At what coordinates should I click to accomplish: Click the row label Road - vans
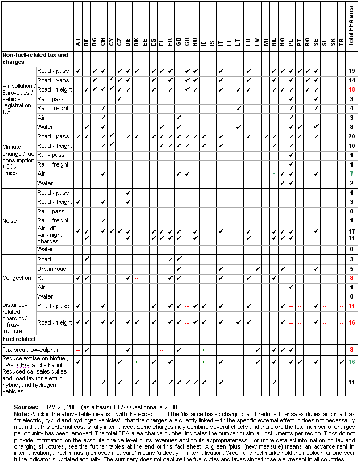[x=51, y=79]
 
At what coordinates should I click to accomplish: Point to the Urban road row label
[x=52, y=269]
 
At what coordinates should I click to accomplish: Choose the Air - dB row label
[x=48, y=231]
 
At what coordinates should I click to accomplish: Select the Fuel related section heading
[x=19, y=339]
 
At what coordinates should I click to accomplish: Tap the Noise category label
[x=10, y=221]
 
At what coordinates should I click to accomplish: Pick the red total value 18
[x=351, y=89]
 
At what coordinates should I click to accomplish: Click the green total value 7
[x=351, y=174]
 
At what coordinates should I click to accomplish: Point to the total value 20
[x=351, y=137]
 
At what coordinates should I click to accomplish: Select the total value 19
[x=351, y=71]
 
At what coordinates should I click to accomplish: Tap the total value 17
[x=351, y=231]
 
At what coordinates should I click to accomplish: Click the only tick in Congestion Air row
[x=291, y=287]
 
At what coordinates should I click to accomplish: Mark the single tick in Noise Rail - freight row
[x=103, y=221]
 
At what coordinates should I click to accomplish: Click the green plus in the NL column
[x=274, y=174]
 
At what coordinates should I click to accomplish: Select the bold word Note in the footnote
[x=21, y=413]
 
